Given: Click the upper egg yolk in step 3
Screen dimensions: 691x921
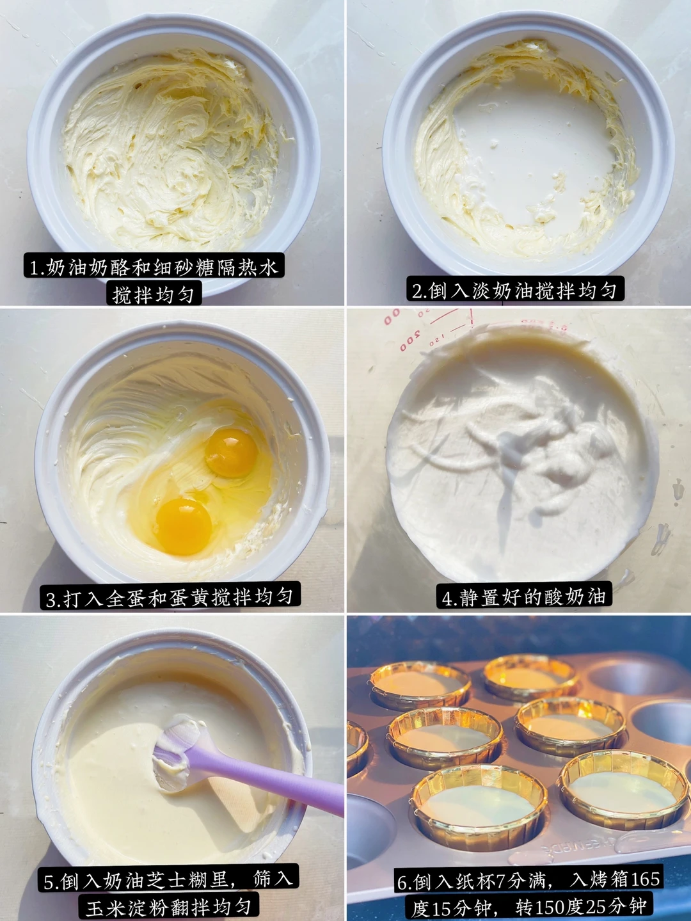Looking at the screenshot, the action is (231, 452).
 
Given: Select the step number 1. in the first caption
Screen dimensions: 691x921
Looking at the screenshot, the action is (38, 268).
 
